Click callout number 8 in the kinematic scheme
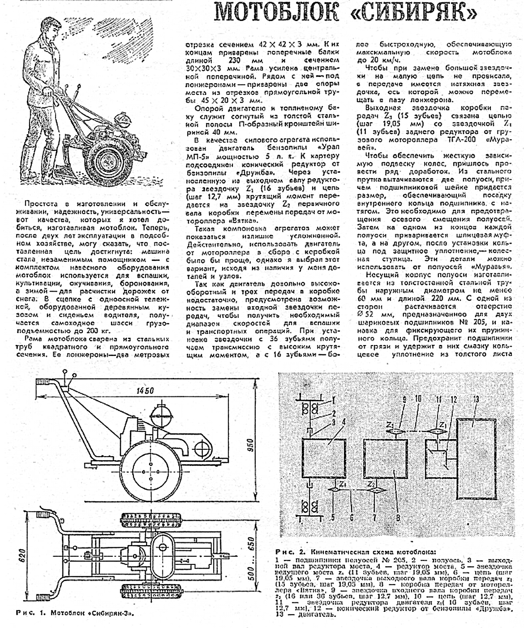(x=398, y=518)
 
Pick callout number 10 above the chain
(x=418, y=398)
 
